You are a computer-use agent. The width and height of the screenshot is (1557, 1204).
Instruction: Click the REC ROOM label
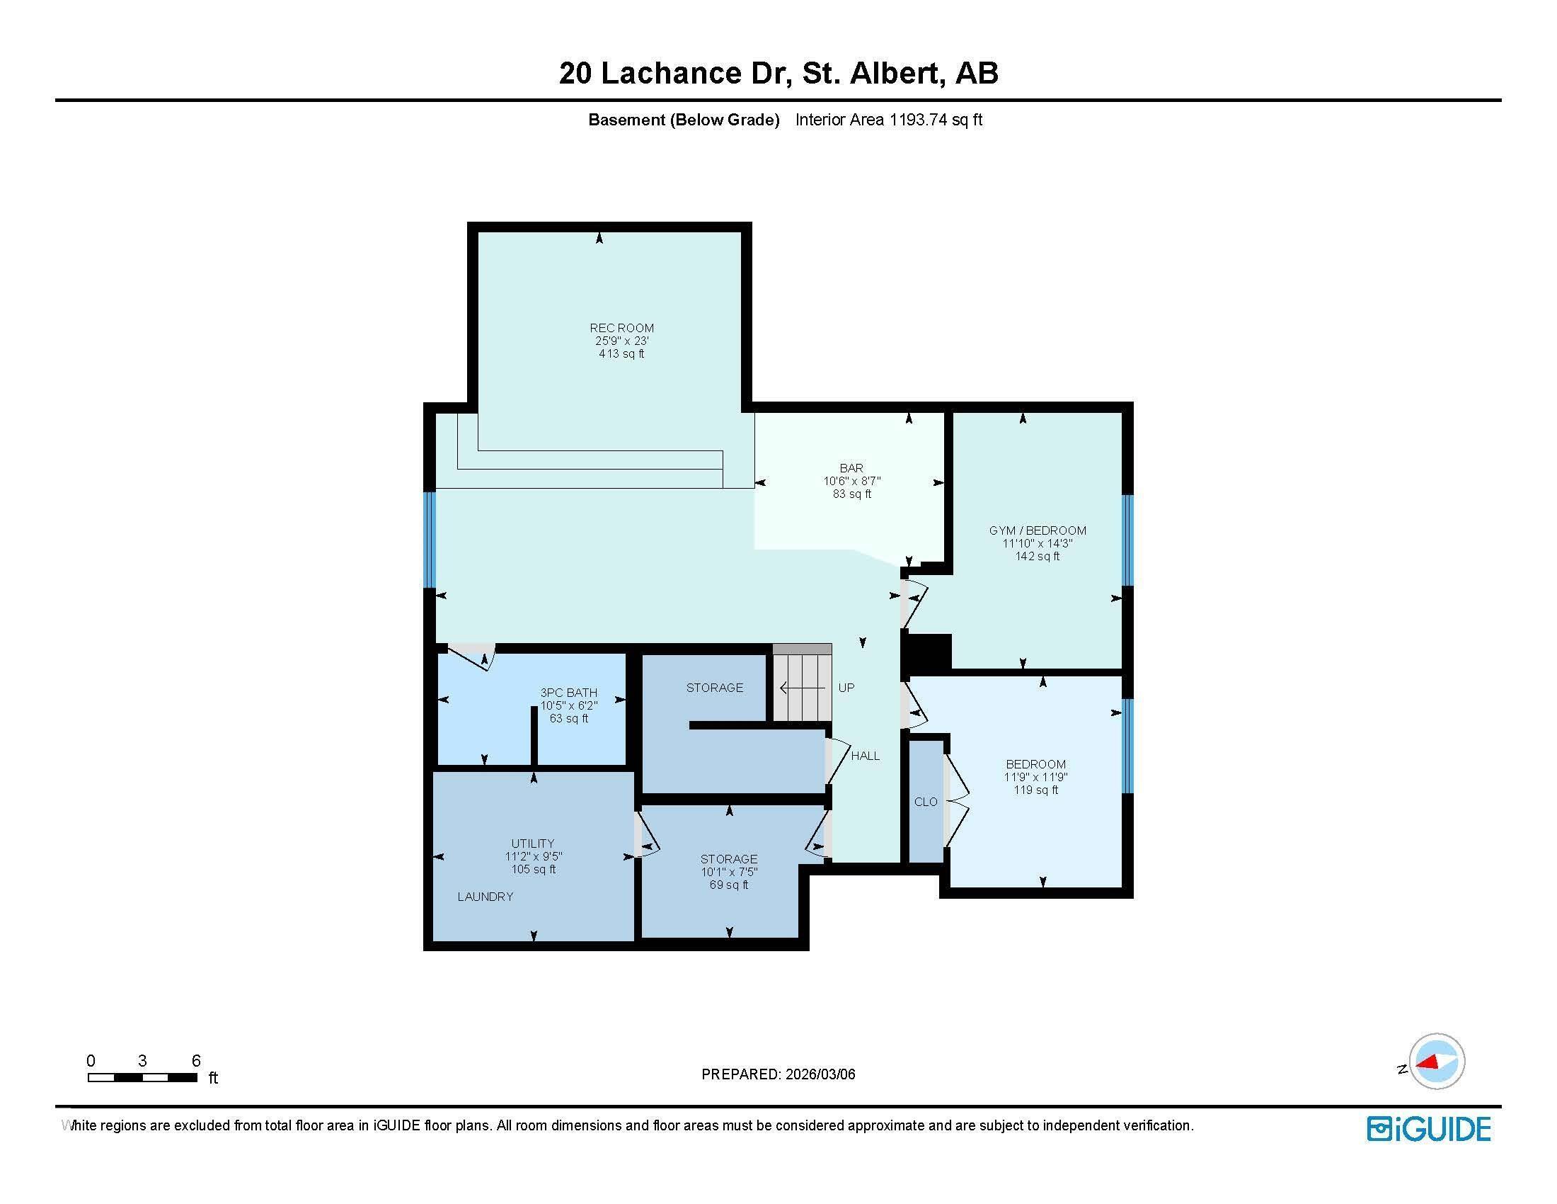click(x=621, y=328)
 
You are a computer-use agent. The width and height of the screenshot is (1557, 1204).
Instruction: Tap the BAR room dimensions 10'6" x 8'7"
click(x=851, y=482)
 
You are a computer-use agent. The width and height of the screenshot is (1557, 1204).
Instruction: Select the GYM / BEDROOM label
click(x=1038, y=530)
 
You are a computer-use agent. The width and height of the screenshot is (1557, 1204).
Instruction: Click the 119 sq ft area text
click(x=1036, y=790)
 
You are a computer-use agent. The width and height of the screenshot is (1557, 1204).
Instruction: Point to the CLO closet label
click(x=926, y=802)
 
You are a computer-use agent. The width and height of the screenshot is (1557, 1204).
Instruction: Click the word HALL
click(x=865, y=756)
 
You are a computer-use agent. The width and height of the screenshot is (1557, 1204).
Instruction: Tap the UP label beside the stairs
click(x=846, y=688)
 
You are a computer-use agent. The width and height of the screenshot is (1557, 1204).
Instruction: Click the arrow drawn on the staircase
click(x=802, y=688)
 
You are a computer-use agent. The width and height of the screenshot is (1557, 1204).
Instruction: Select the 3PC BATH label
click(x=568, y=693)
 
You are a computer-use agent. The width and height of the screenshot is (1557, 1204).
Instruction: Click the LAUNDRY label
click(x=485, y=897)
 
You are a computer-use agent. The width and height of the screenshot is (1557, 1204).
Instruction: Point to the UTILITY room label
click(x=532, y=844)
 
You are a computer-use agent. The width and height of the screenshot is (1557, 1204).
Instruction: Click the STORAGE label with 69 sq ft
click(x=728, y=860)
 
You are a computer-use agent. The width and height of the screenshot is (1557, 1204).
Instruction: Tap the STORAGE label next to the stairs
click(x=714, y=688)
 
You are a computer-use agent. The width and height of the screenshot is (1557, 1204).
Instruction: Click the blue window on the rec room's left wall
click(x=430, y=540)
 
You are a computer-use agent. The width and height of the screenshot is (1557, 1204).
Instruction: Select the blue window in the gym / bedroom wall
click(x=1127, y=540)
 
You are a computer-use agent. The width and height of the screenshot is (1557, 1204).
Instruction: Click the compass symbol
click(x=1436, y=1062)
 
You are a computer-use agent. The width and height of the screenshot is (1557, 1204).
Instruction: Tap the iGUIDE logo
click(x=1428, y=1129)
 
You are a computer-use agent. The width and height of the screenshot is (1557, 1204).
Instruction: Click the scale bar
click(x=142, y=1078)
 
